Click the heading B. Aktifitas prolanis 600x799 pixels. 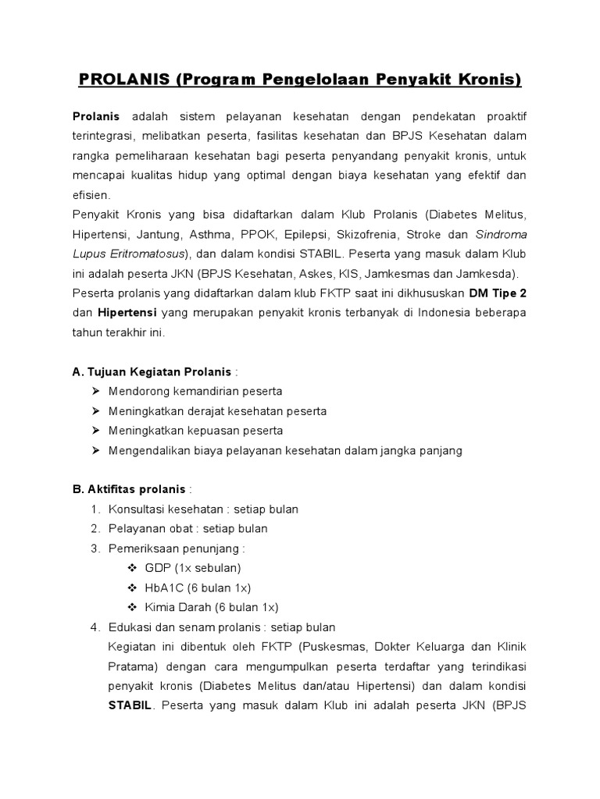point(129,489)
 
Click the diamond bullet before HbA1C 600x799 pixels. point(131,588)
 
